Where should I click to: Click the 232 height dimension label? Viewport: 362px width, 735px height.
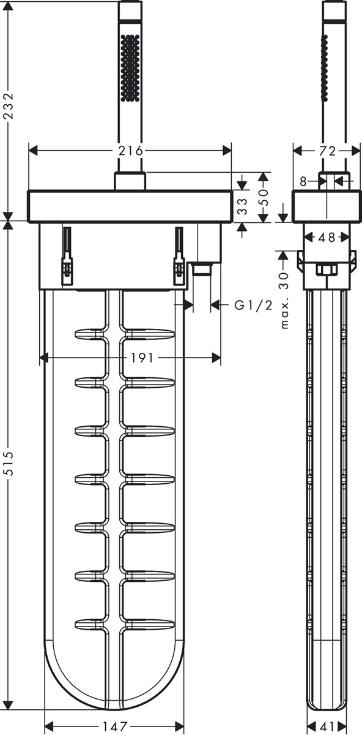click(9, 106)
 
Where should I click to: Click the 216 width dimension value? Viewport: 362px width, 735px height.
click(131, 151)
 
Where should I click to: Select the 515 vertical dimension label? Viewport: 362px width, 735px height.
click(9, 463)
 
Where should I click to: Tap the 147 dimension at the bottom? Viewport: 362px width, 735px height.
click(114, 726)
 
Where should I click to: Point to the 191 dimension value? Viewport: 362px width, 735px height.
click(142, 358)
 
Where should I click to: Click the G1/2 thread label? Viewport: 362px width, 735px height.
click(253, 306)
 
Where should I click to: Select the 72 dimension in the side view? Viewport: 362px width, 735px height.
click(328, 151)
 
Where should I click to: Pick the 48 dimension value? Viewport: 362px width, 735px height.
click(327, 237)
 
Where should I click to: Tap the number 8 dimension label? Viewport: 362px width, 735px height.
click(303, 181)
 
